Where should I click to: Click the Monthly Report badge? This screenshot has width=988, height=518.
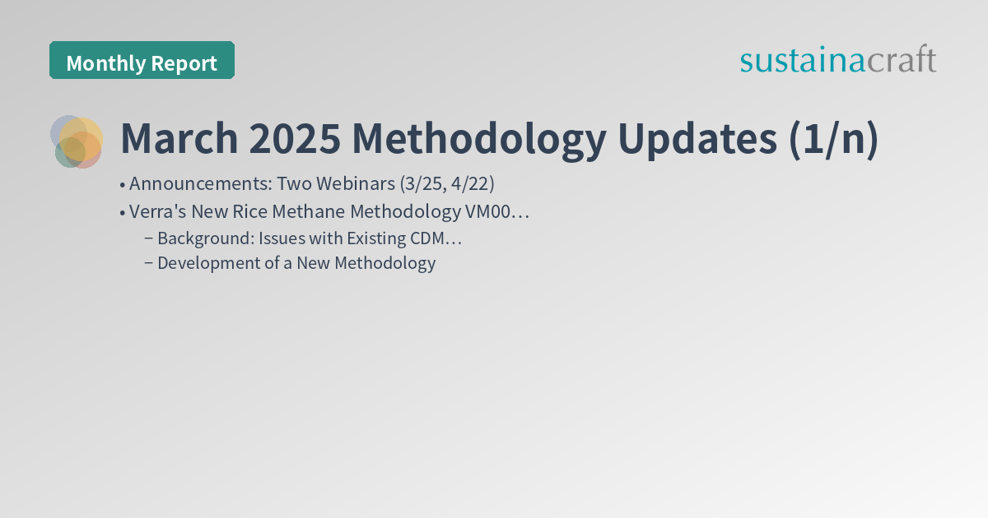pyautogui.click(x=142, y=62)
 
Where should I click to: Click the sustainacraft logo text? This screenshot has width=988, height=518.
pyautogui.click(x=837, y=60)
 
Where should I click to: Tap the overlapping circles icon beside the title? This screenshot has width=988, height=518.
pyautogui.click(x=77, y=141)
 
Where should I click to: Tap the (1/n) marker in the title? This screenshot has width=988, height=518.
pyautogui.click(x=833, y=140)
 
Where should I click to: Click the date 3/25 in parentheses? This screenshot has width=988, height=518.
pyautogui.click(x=421, y=183)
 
